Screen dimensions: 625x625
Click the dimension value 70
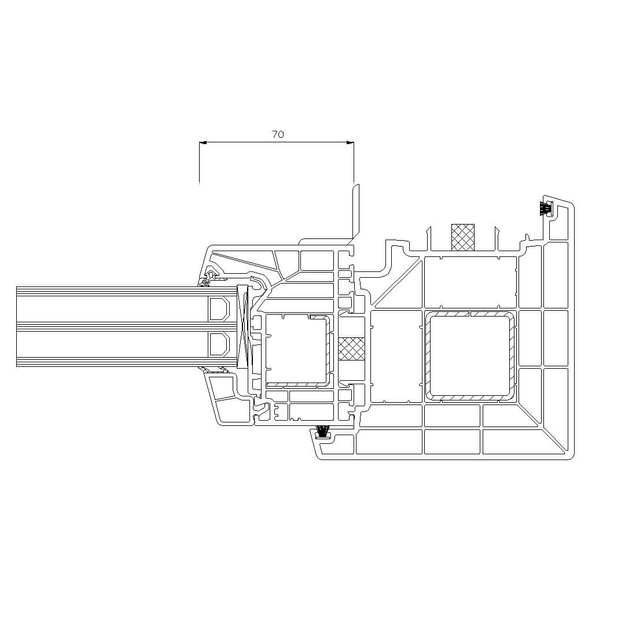[278, 134]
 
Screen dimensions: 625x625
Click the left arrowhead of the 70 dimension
[203, 142]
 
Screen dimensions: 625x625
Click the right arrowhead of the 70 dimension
[350, 142]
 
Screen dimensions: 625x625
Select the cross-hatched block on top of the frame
[463, 238]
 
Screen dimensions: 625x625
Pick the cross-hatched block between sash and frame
[351, 349]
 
